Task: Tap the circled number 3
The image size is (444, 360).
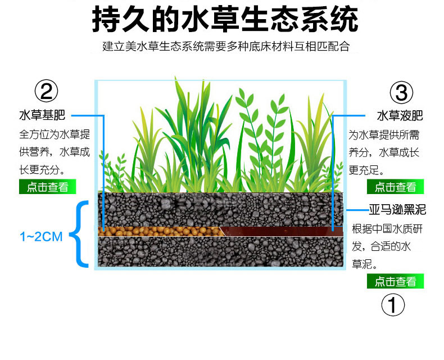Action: (x=401, y=92)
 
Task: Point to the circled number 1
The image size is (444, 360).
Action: (x=393, y=305)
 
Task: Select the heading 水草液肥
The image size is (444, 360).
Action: (x=400, y=116)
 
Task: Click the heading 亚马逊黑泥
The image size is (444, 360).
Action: (x=397, y=210)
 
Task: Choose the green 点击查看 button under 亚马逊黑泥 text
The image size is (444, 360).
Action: (x=396, y=281)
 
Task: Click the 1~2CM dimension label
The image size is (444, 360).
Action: (x=40, y=236)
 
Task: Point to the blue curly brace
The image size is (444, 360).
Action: (x=83, y=233)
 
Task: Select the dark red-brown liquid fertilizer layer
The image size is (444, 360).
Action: (x=281, y=231)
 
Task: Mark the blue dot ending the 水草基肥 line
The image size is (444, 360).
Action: (x=103, y=229)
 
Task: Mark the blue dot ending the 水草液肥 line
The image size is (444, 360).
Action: (x=333, y=229)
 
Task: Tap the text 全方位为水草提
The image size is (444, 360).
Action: (x=54, y=135)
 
